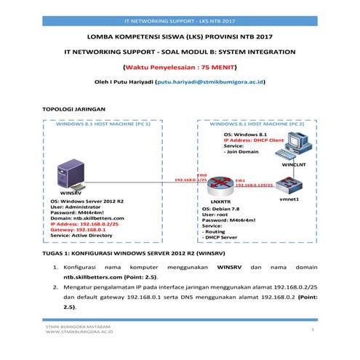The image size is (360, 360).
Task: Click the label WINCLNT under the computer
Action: tap(294, 165)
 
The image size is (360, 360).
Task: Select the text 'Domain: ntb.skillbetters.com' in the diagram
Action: tap(87, 217)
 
